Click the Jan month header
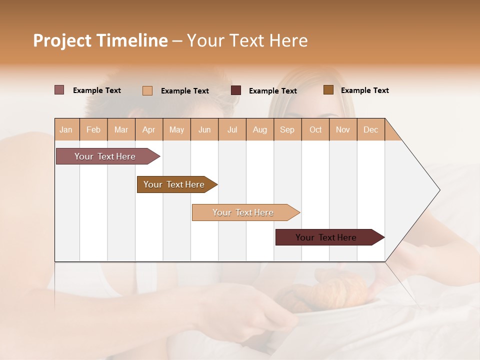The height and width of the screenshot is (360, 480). point(66,129)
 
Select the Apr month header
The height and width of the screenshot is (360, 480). point(149,129)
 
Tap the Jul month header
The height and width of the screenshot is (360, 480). point(232,129)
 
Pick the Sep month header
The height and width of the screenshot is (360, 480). point(287,129)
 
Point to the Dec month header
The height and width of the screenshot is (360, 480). point(370,129)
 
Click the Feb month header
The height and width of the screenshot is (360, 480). point(93,129)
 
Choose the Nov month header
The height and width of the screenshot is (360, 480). point(342,129)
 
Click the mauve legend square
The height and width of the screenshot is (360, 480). point(59,90)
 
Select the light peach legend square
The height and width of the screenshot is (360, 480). point(147,90)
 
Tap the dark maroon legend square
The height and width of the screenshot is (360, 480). point(236,90)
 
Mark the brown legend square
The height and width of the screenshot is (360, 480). point(328,90)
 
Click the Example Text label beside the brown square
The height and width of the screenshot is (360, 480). point(364,90)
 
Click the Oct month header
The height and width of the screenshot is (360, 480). point(315,129)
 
